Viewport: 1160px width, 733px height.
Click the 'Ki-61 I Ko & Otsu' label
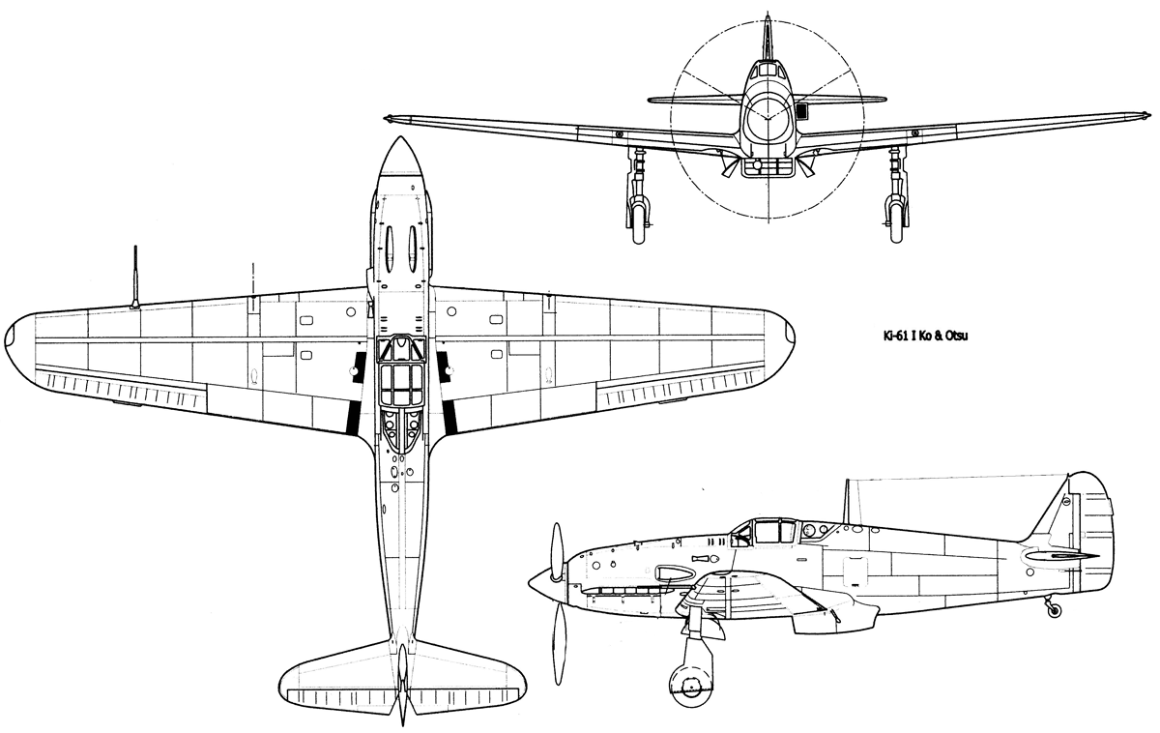[925, 336]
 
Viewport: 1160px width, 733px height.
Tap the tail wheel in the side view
[1054, 611]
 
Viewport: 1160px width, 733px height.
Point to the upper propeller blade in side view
[557, 550]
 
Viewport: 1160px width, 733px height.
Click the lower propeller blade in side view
[560, 644]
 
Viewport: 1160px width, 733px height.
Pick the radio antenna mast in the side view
[847, 501]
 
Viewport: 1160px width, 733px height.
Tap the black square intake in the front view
[801, 110]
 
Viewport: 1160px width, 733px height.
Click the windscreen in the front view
[768, 71]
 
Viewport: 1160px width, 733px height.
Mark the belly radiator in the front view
[767, 166]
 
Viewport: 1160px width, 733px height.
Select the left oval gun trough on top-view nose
[390, 249]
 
